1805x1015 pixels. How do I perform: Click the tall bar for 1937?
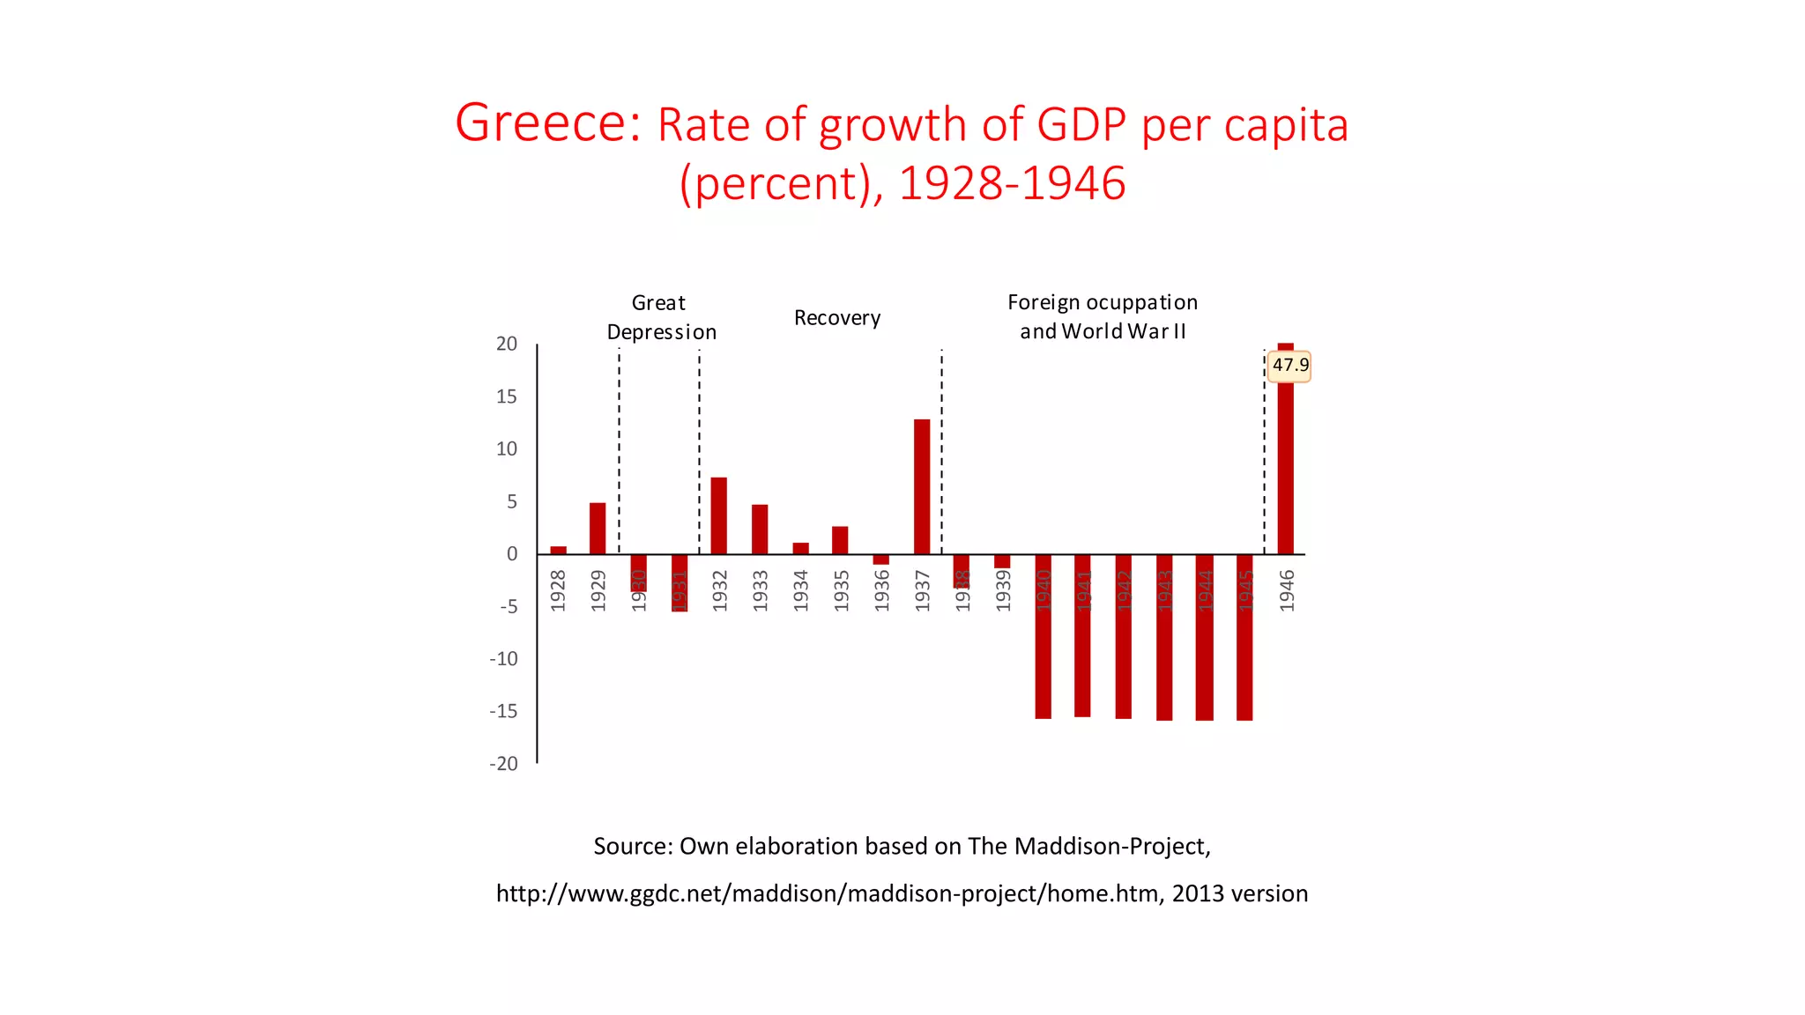coord(922,486)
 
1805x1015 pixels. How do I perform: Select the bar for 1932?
coord(719,515)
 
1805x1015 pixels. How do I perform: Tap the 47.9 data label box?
coord(1289,366)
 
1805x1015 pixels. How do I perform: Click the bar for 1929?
coord(598,528)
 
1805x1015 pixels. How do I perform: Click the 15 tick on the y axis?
coord(507,396)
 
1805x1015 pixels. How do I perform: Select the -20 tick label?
coord(504,764)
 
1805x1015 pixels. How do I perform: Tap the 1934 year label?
coord(800,590)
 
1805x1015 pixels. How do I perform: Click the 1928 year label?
coord(558,590)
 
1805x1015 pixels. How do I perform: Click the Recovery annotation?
coord(837,318)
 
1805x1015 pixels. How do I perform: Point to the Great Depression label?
coord(661,317)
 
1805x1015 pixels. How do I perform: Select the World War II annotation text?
coord(1103,331)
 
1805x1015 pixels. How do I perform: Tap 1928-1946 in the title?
coord(1012,183)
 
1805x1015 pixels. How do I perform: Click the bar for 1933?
coord(760,529)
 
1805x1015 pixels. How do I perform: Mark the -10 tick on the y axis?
coord(504,659)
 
